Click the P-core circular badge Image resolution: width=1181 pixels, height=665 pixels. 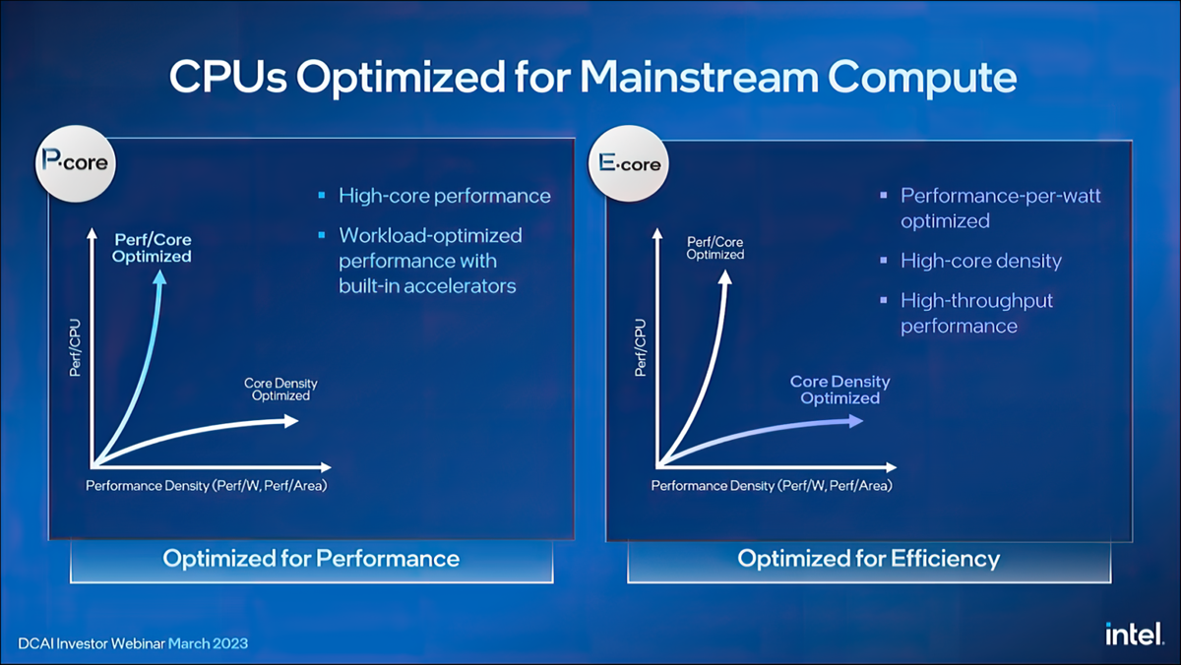tap(76, 164)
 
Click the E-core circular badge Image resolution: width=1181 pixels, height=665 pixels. tap(629, 164)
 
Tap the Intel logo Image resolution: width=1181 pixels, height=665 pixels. tap(1134, 634)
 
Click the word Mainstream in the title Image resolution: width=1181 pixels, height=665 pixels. tap(699, 77)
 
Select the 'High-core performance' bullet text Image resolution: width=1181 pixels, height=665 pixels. tap(445, 196)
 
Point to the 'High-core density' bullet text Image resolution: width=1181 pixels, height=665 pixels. tap(980, 262)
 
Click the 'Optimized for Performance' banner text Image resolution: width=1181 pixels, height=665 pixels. tap(311, 559)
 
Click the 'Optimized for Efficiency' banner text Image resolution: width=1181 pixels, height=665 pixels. tap(868, 559)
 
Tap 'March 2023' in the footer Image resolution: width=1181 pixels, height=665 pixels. tap(208, 643)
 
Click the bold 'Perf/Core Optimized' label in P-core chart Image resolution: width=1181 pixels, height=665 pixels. tap(152, 248)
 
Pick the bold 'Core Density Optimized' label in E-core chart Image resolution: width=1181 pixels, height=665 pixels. tap(839, 390)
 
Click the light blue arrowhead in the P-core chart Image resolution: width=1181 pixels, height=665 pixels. tap(159, 277)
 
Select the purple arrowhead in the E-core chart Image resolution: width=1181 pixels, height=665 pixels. tap(855, 421)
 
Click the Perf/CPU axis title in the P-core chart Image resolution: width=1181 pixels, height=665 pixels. tap(76, 347)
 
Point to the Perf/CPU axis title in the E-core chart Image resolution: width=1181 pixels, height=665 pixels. tap(640, 347)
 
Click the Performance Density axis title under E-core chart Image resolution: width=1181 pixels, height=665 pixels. tap(772, 486)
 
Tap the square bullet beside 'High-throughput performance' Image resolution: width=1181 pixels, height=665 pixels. tap(884, 300)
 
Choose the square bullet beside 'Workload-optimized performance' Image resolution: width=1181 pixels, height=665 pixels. tap(322, 235)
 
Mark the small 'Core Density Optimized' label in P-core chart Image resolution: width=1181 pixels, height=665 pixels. tap(280, 390)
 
